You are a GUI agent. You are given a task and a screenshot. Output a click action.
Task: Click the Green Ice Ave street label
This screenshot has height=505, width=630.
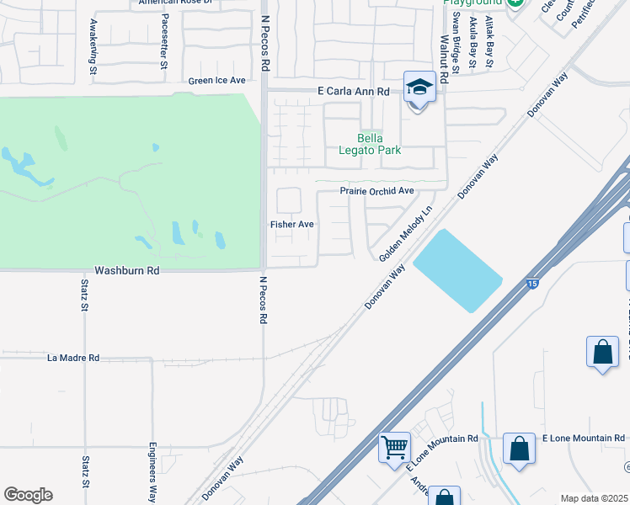216,81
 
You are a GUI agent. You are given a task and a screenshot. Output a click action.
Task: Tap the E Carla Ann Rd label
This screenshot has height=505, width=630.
353,91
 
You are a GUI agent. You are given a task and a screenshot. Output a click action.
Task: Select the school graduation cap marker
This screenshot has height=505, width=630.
419,88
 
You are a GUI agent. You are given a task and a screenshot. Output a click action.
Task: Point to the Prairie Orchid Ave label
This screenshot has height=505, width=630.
376,191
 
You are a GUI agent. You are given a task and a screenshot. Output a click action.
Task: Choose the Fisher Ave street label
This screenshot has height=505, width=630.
291,225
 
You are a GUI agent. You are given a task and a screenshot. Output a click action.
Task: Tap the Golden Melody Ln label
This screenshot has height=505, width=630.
405,233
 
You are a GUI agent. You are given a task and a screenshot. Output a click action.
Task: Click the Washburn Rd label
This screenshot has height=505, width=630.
126,271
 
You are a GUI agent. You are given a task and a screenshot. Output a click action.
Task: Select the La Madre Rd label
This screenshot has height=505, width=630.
73,358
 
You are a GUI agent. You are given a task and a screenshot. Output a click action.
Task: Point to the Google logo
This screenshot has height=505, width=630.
28,495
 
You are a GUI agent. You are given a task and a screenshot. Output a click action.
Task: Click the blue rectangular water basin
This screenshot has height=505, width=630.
456,270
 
